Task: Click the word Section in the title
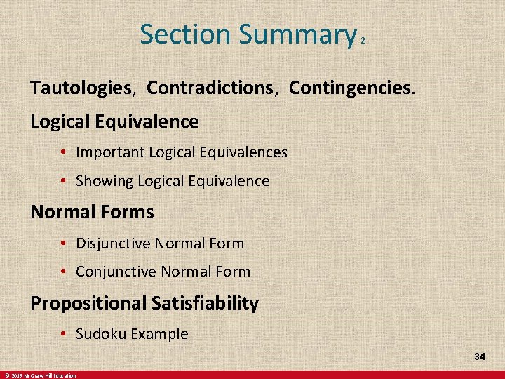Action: (185, 34)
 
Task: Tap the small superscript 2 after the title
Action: (363, 42)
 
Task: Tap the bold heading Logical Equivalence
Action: (114, 121)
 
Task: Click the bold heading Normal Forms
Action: (92, 211)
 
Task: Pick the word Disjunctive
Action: (113, 244)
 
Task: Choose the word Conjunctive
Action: (116, 272)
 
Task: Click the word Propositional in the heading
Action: (88, 303)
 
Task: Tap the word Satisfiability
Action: (205, 303)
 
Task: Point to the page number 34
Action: (480, 357)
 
